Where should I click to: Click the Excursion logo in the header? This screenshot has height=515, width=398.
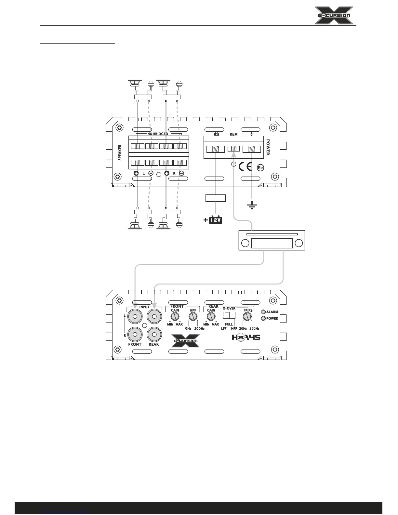pyautogui.click(x=334, y=15)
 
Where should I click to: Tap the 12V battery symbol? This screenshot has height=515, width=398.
pyautogui.click(x=215, y=220)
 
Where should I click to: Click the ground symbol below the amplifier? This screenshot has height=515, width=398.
pyautogui.click(x=252, y=205)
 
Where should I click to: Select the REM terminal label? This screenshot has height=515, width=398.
pyautogui.click(x=233, y=134)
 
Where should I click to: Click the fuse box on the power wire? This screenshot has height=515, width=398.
pyautogui.click(x=216, y=198)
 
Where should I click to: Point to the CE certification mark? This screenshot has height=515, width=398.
pyautogui.click(x=245, y=166)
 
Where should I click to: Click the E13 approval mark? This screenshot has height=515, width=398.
pyautogui.click(x=260, y=168)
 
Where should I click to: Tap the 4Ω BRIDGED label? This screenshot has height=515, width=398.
pyautogui.click(x=158, y=134)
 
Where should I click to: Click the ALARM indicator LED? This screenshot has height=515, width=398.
pyautogui.click(x=263, y=312)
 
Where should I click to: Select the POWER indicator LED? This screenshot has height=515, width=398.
pyautogui.click(x=263, y=318)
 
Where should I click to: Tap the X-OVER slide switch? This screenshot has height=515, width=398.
pyautogui.click(x=229, y=315)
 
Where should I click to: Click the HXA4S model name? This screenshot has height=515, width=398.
pyautogui.click(x=246, y=337)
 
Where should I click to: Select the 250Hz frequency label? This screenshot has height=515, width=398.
pyautogui.click(x=254, y=328)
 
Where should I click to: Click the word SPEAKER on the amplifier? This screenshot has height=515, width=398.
pyautogui.click(x=120, y=152)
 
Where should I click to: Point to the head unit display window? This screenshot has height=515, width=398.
pyautogui.click(x=272, y=244)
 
